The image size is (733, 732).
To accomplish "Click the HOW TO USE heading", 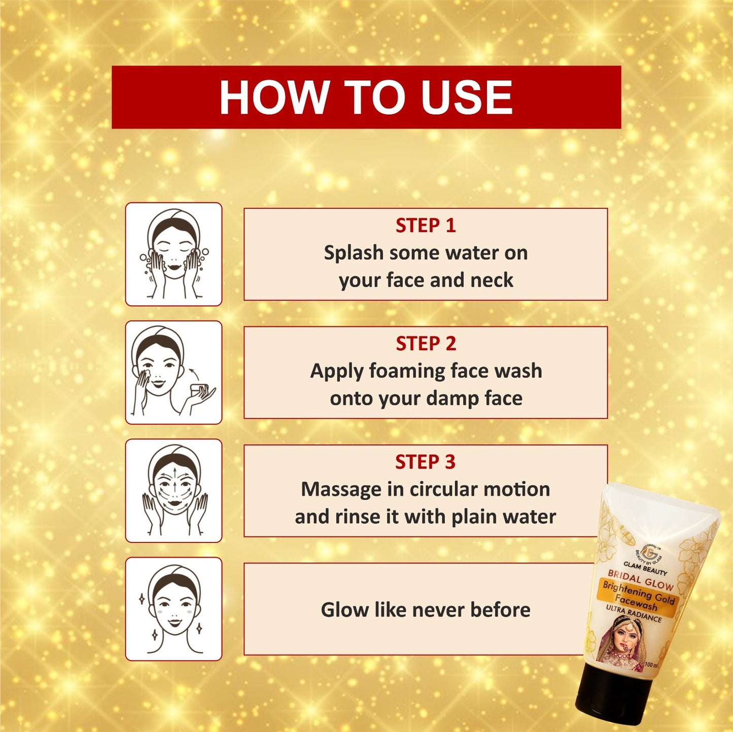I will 366,97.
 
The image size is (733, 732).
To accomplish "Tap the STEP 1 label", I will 426,226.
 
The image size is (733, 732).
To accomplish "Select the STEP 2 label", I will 426,344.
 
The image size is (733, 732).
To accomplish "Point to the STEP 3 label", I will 425,462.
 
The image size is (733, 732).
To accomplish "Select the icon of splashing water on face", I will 173,254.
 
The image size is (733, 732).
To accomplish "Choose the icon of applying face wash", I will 173,372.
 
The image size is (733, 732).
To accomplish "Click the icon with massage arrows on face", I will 173,491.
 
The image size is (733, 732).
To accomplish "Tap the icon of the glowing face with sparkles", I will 173,609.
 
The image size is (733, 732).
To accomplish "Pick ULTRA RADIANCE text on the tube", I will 634,613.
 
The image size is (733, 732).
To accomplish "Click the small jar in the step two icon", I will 198,390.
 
